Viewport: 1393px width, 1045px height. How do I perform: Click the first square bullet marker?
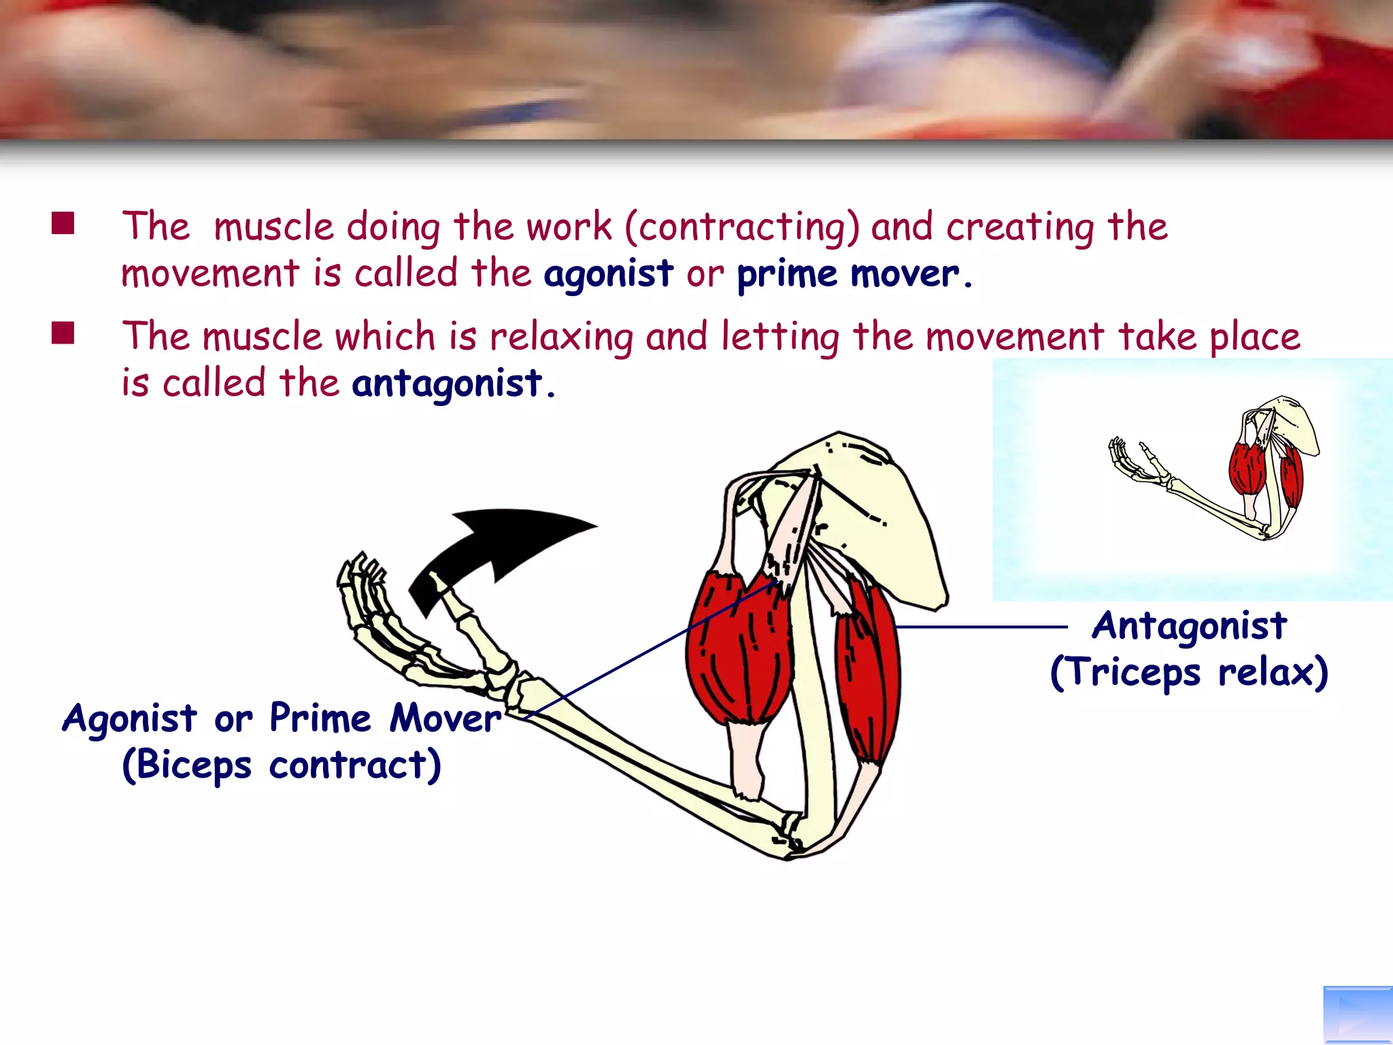[63, 222]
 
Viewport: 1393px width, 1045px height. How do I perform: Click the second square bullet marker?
[63, 333]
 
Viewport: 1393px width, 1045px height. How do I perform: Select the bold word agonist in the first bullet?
[608, 274]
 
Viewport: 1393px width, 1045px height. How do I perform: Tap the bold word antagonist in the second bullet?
[447, 383]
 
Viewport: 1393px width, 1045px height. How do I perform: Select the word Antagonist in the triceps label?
[1189, 626]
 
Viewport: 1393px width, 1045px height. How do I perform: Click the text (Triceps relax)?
[1189, 672]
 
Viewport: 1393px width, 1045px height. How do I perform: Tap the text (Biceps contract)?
[282, 765]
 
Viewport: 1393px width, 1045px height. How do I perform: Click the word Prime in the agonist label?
[320, 718]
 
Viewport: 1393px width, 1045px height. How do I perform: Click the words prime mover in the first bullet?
[848, 274]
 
